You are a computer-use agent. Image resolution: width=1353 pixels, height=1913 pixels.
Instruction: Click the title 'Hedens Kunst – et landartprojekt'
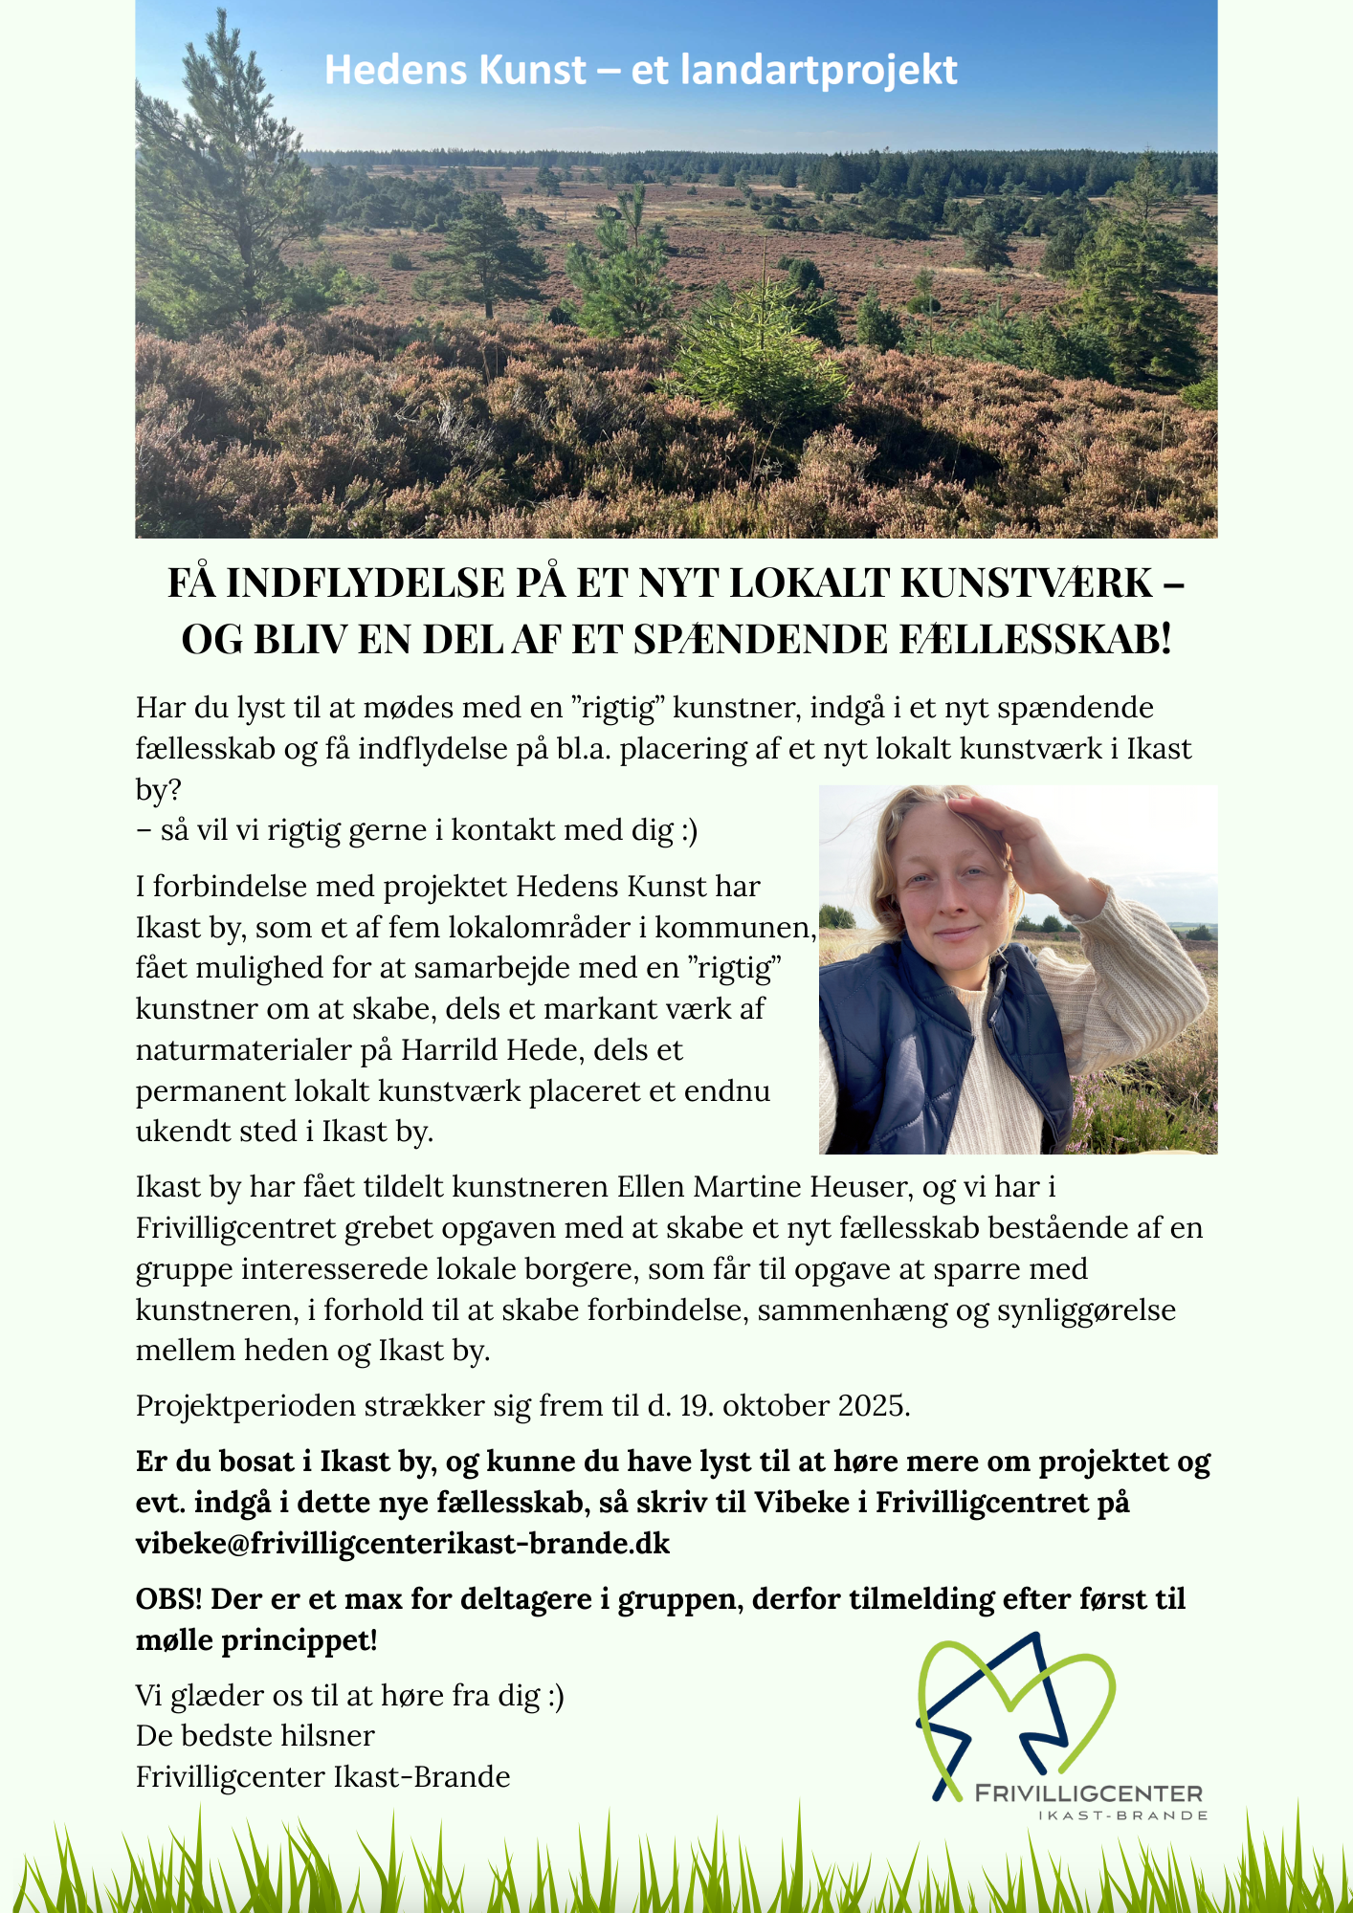tap(640, 71)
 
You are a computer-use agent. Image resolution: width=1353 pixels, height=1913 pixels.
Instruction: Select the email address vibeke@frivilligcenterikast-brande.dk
tap(403, 1543)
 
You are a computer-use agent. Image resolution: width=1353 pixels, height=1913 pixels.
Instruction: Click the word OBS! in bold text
tap(168, 1598)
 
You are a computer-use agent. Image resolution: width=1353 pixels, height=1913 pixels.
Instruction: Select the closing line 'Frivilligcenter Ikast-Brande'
tap(323, 1776)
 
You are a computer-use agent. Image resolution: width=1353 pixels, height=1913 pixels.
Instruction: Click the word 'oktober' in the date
tap(776, 1405)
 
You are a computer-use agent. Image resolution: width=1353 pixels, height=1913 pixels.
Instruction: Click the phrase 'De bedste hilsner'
tap(255, 1735)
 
